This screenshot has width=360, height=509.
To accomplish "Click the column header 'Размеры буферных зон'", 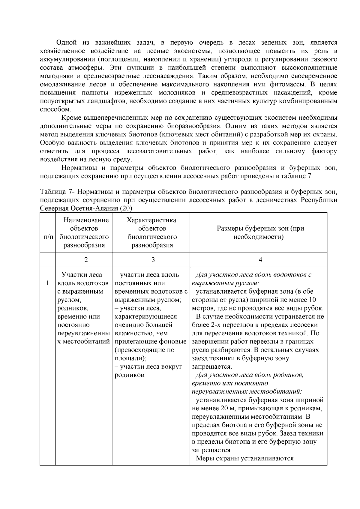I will point(260,233).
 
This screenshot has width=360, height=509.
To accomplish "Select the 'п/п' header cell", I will point(48,237).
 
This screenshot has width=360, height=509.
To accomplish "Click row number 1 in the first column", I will point(47,283).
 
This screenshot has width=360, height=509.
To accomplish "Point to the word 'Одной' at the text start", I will point(65,43).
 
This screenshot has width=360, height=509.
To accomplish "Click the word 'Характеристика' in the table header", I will point(151,220).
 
